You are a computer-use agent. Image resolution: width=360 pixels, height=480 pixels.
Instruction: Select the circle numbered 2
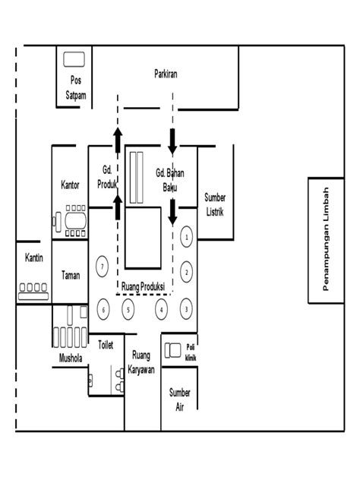pyautogui.click(x=186, y=270)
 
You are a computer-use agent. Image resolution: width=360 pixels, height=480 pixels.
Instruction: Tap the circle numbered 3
pyautogui.click(x=186, y=309)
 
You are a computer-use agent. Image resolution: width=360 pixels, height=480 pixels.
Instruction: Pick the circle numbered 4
pyautogui.click(x=161, y=309)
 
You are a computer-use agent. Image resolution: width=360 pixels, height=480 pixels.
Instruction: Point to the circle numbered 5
pyautogui.click(x=129, y=309)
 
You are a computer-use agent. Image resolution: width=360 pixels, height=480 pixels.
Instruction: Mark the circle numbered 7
pyautogui.click(x=102, y=266)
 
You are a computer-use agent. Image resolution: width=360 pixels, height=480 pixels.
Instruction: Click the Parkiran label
pyautogui.click(x=166, y=74)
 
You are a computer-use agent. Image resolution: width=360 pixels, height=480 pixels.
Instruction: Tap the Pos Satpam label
pyautogui.click(x=75, y=87)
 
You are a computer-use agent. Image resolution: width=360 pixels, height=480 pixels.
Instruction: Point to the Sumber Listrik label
pyautogui.click(x=215, y=204)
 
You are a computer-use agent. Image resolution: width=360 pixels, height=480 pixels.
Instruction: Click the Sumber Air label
pyautogui.click(x=180, y=399)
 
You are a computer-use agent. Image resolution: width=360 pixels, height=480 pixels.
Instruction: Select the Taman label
pyautogui.click(x=71, y=275)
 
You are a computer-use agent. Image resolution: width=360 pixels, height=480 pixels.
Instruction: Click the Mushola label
pyautogui.click(x=71, y=357)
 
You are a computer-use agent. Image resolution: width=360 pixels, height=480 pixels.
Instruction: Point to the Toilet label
pyautogui.click(x=106, y=345)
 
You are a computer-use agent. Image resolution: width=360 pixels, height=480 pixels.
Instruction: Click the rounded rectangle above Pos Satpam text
pyautogui.click(x=74, y=59)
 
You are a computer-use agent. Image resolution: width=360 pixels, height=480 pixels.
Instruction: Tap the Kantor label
pyautogui.click(x=70, y=185)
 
